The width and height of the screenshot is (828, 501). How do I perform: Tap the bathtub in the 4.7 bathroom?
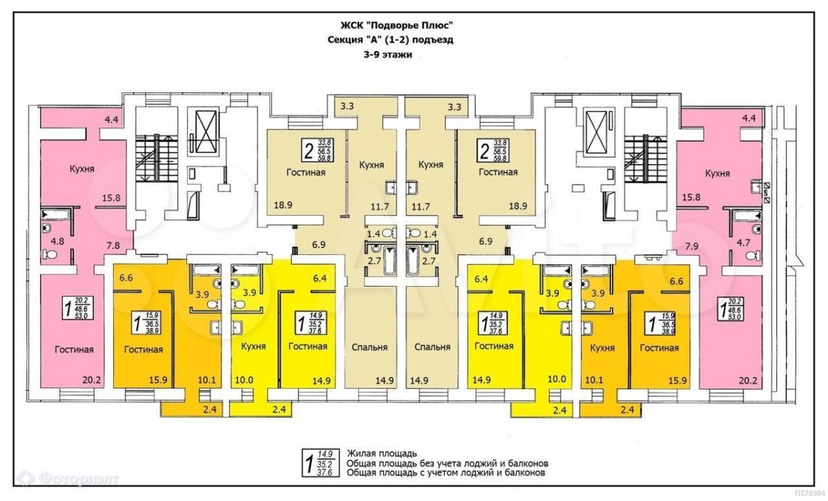click(747, 216)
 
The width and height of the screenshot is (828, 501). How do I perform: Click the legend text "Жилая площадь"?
click(382, 453)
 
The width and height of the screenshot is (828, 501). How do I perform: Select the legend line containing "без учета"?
click(448, 463)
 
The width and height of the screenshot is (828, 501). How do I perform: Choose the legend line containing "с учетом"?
click(447, 473)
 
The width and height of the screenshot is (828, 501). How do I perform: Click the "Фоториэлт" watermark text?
click(76, 477)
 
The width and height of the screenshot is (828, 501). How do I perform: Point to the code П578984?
click(811, 493)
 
